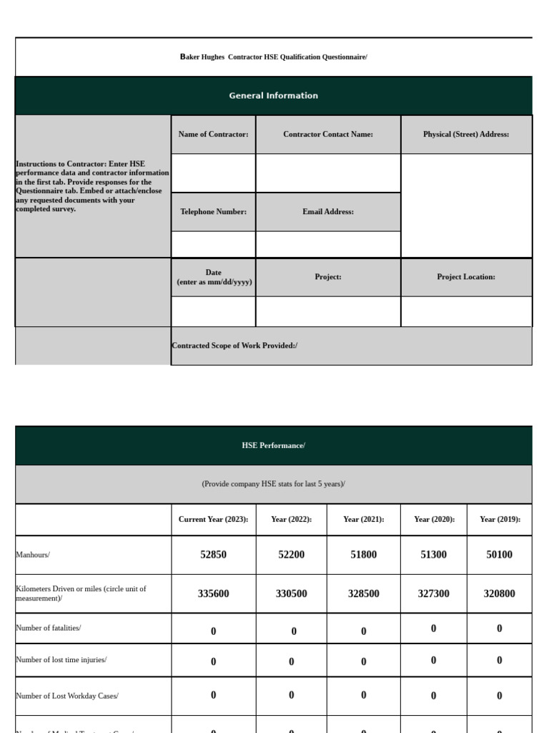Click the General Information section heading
point(273,96)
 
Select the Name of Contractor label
point(213,135)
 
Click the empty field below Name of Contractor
point(213,173)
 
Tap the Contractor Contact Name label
point(328,135)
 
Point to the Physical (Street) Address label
point(466,135)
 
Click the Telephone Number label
point(213,212)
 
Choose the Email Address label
point(328,212)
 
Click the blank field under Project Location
point(466,311)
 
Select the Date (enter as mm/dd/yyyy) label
point(214,277)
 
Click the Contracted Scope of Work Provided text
point(234,346)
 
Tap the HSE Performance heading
point(273,446)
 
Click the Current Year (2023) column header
point(213,520)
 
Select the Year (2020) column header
point(434,520)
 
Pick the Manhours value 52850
point(213,555)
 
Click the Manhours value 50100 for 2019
point(499,555)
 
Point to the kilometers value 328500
point(363,594)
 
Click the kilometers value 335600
point(213,594)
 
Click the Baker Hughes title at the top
point(273,57)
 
